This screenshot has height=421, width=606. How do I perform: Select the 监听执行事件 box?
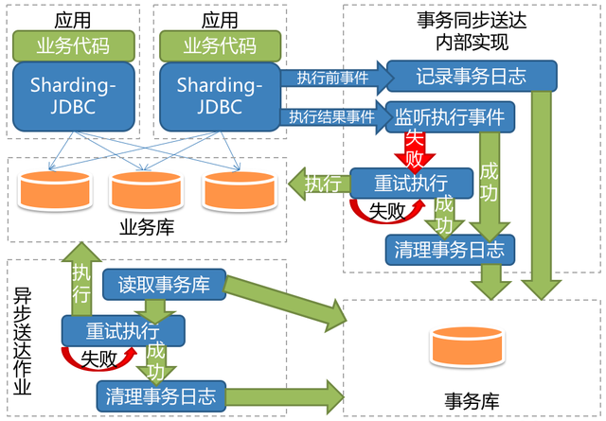point(450,117)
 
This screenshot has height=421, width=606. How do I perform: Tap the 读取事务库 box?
point(164,283)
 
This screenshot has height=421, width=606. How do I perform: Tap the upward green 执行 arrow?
point(80,278)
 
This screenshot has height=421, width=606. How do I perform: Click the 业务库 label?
point(142,227)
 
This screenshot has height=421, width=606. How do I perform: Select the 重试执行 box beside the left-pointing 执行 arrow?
point(411,182)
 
